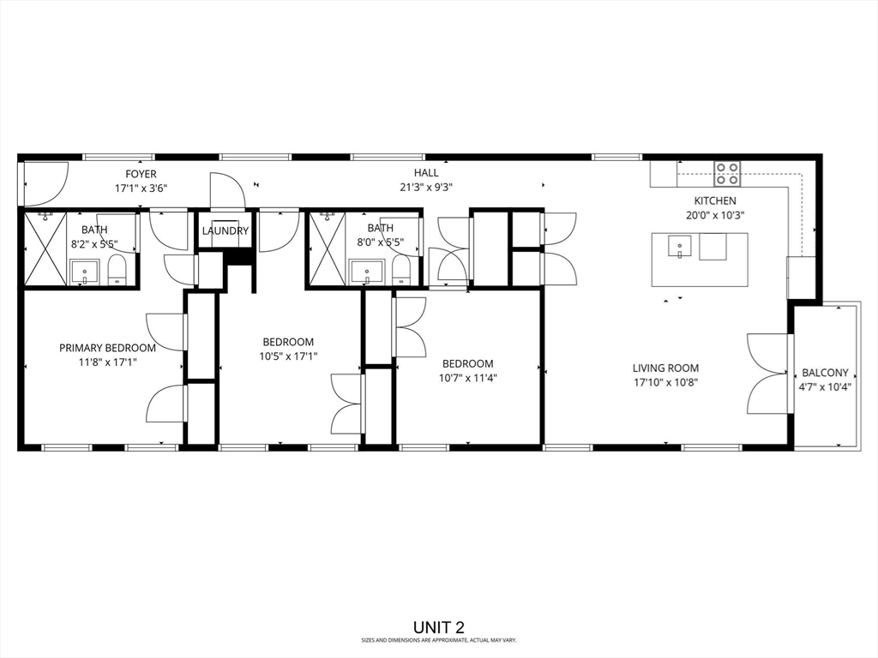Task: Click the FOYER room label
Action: click(141, 174)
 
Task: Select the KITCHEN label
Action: click(714, 200)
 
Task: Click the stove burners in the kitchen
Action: click(728, 173)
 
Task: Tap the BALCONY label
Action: click(825, 373)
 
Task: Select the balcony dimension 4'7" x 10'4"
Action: click(825, 386)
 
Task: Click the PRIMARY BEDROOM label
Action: click(107, 348)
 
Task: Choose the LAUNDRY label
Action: click(226, 230)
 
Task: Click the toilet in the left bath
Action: click(117, 272)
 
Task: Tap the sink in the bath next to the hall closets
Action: click(367, 272)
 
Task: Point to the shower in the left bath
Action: click(45, 248)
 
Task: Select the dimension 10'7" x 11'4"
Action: click(467, 378)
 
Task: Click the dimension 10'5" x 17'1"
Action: click(287, 356)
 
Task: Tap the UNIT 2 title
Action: click(439, 628)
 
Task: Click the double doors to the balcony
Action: click(768, 373)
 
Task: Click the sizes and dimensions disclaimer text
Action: click(439, 640)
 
